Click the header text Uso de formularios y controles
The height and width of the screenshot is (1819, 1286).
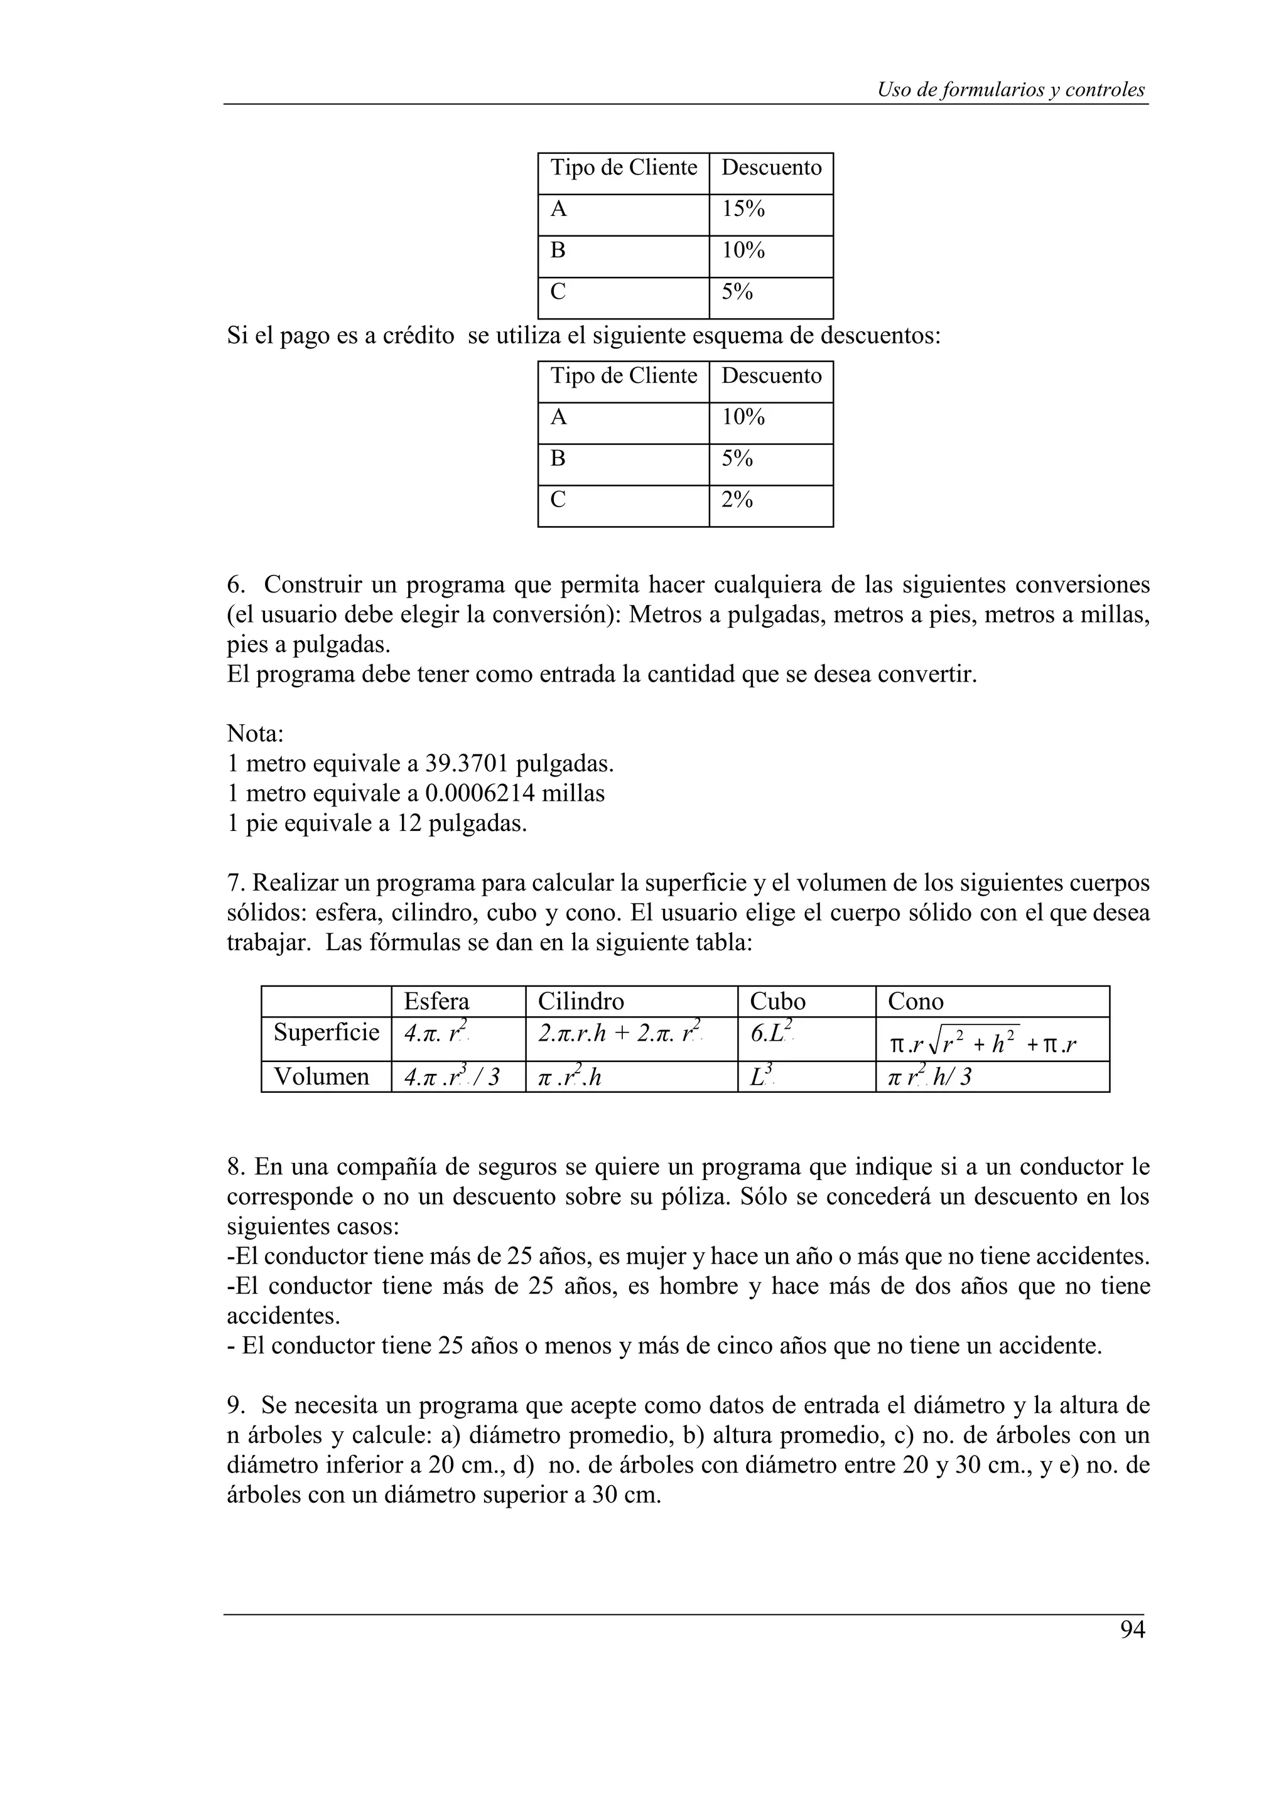coord(1010,90)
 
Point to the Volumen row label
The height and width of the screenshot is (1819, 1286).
coord(321,1076)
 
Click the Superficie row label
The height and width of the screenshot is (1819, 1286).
coord(326,1033)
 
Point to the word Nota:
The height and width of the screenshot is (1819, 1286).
coord(255,734)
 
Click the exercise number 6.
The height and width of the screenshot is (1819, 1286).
coord(235,586)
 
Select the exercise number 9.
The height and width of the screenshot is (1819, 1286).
coord(235,1405)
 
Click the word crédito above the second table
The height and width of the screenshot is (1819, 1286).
coord(418,336)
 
